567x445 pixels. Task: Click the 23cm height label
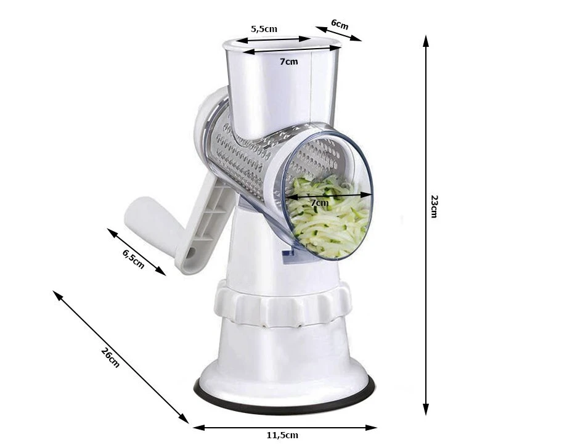pyautogui.click(x=434, y=206)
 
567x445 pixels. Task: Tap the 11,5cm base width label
pyautogui.click(x=283, y=435)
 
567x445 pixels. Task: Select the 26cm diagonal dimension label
pyautogui.click(x=110, y=357)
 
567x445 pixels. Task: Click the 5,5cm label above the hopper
pyautogui.click(x=264, y=28)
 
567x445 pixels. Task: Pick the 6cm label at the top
pyautogui.click(x=340, y=24)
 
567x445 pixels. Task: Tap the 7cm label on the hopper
pyautogui.click(x=289, y=62)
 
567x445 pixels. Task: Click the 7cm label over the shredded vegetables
pyautogui.click(x=320, y=203)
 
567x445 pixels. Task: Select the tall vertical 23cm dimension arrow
pyautogui.click(x=426, y=225)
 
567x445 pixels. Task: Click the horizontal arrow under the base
pyautogui.click(x=285, y=428)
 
